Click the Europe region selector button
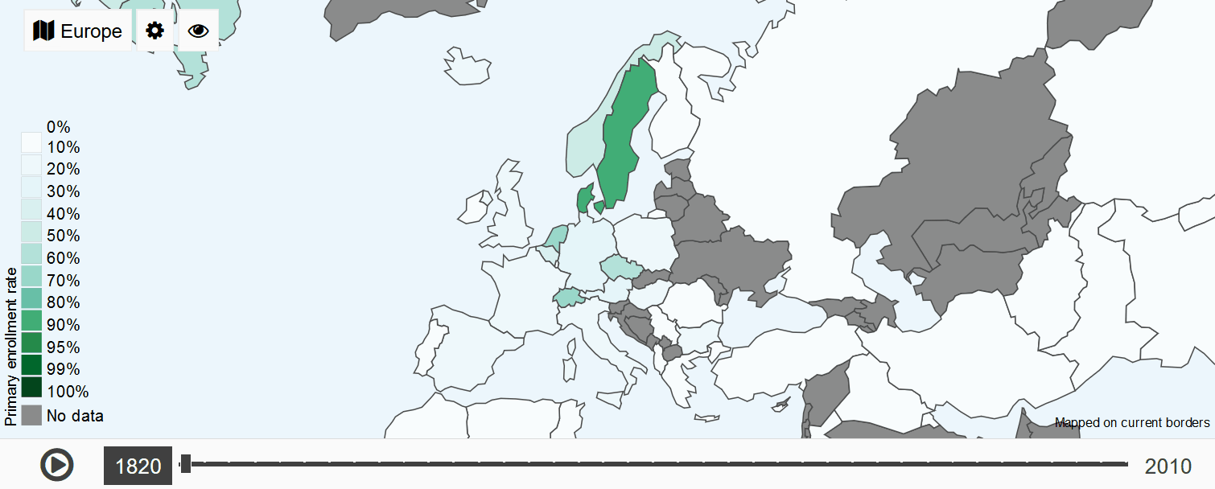(x=78, y=31)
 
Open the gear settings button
(x=154, y=31)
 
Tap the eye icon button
(x=198, y=31)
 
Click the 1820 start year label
(x=138, y=466)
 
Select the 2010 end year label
(x=1168, y=466)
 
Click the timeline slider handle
(x=186, y=463)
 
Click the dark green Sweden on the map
(x=624, y=137)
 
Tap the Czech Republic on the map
(x=620, y=267)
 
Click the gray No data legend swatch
(x=31, y=415)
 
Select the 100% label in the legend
(x=68, y=392)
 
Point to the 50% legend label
(x=64, y=236)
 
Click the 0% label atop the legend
(x=59, y=126)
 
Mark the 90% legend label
(x=64, y=325)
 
